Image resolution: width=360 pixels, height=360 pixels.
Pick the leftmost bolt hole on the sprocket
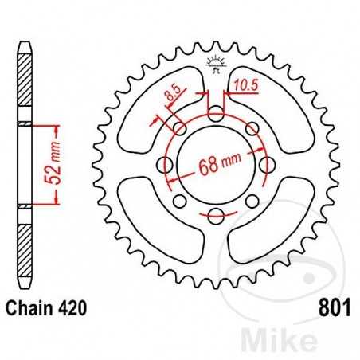pyautogui.click(x=165, y=165)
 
